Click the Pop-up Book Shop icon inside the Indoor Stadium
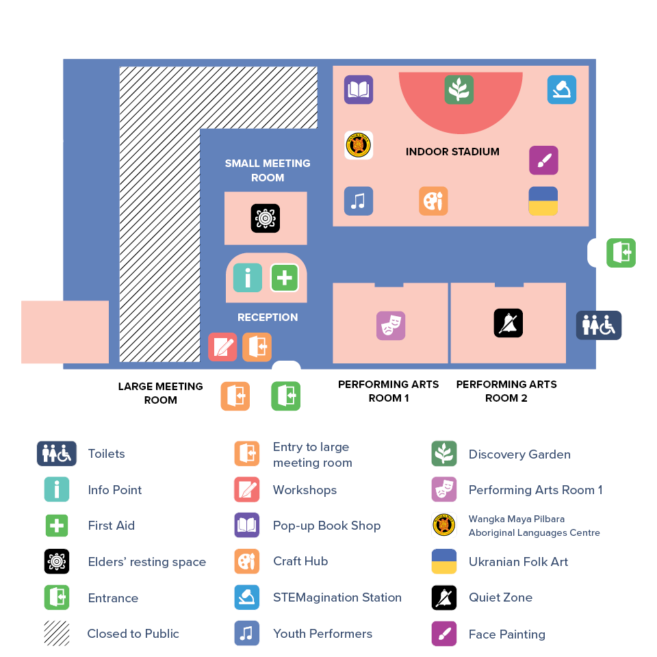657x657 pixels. point(359,90)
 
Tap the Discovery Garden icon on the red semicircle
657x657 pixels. point(459,90)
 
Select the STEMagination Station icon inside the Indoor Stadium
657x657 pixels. point(562,90)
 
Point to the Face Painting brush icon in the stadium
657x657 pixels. point(543,160)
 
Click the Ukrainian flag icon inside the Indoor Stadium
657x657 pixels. point(543,201)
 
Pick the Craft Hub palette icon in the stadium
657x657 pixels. point(433,201)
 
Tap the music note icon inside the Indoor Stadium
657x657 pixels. point(359,201)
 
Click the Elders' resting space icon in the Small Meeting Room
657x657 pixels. point(266,218)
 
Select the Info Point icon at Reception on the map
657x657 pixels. point(248,278)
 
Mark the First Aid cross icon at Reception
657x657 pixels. point(284,278)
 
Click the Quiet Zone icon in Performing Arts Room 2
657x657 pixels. point(508,323)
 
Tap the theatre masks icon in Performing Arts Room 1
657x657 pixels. point(391,326)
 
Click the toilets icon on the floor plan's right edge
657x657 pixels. point(599,326)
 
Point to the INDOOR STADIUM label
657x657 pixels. point(452,152)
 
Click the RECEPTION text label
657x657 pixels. point(268,318)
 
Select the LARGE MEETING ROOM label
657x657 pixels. point(161,393)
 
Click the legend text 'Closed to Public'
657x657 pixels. point(133,634)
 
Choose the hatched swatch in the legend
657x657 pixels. point(57,634)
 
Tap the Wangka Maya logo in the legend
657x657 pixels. point(445,526)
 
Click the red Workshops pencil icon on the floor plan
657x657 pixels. point(222,347)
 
